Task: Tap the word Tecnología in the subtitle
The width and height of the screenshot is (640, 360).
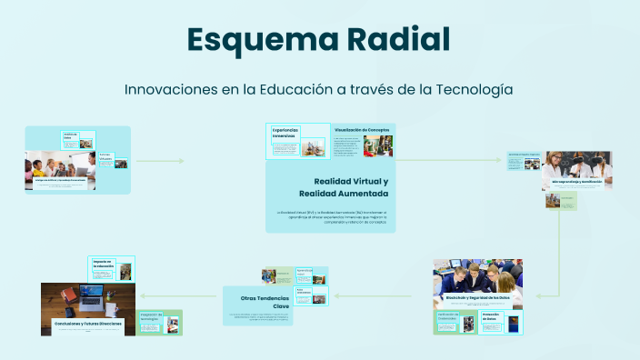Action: (468, 90)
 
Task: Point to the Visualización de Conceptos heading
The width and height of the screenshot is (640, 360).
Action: (362, 130)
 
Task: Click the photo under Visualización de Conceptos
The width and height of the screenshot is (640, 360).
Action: (378, 146)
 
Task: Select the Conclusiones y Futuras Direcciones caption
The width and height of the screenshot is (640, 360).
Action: (87, 322)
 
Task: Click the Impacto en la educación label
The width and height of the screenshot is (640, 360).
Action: (102, 265)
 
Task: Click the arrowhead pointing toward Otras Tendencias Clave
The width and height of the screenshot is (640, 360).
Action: (336, 295)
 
